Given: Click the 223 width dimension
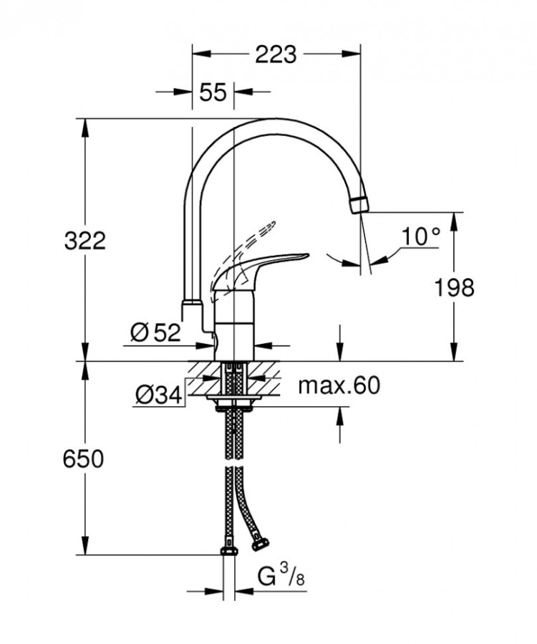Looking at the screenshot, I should point(276,54).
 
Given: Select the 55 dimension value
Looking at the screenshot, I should point(213,92).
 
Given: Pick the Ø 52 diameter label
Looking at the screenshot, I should point(155,332).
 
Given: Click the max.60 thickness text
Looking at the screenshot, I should point(338,386).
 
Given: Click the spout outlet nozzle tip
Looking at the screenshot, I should point(359,203).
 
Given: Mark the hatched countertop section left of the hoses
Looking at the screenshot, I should point(205,373).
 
